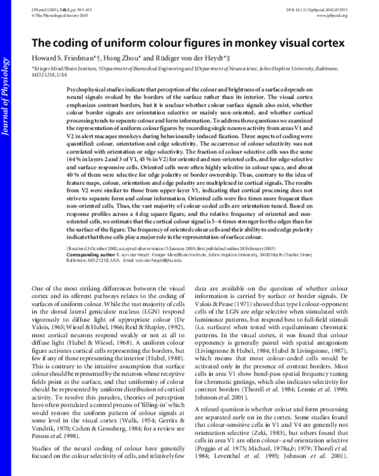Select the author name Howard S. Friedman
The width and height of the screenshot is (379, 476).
click(x=62, y=59)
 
